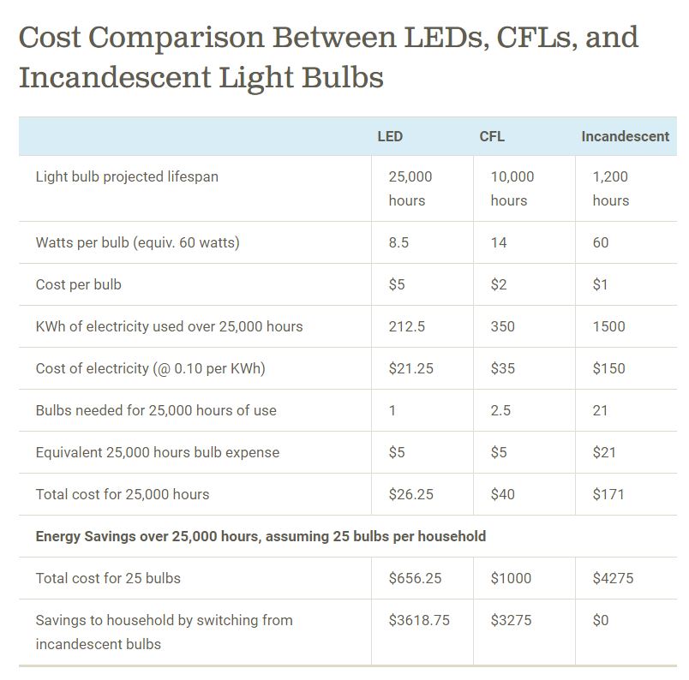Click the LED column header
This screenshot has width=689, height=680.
click(x=390, y=136)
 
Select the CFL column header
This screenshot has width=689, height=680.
click(x=492, y=136)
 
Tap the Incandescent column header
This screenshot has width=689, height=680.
click(x=625, y=136)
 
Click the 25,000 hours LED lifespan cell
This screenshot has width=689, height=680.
click(x=410, y=188)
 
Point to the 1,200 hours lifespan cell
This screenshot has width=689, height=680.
click(x=610, y=188)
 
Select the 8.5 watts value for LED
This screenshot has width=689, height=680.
click(x=398, y=242)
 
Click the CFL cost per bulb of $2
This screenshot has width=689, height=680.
click(x=499, y=284)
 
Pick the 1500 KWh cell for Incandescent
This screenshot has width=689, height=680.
click(x=608, y=326)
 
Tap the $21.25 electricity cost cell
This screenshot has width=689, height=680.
click(x=410, y=368)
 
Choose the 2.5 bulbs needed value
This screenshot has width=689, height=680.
click(x=500, y=410)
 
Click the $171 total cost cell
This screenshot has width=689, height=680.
click(x=608, y=494)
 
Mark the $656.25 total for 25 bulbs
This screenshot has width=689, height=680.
click(x=415, y=578)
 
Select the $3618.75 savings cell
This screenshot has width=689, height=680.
click(x=418, y=620)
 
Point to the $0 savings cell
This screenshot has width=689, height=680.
click(x=601, y=620)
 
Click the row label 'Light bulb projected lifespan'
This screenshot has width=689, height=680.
click(x=127, y=176)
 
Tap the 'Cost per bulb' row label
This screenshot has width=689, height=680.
click(x=79, y=284)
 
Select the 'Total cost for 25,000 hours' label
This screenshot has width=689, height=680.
click(x=123, y=494)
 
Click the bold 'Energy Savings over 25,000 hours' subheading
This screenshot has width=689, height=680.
click(x=261, y=536)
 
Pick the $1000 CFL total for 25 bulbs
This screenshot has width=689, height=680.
click(x=511, y=578)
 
